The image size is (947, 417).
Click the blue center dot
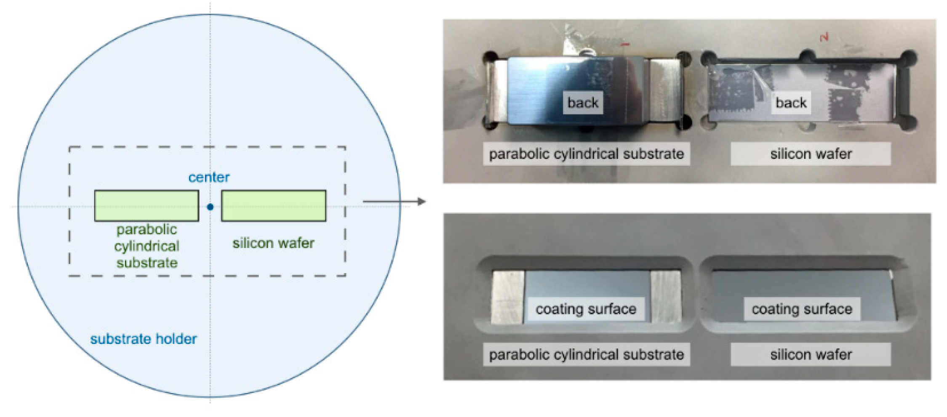(210, 207)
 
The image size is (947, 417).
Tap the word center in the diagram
(209, 177)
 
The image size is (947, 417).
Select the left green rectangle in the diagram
(147, 205)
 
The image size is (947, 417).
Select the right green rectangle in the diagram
(274, 205)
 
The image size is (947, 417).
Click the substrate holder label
(143, 339)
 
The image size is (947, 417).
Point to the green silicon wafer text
(273, 243)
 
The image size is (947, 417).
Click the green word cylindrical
(147, 246)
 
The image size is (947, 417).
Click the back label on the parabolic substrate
(583, 103)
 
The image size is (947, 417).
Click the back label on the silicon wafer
(791, 103)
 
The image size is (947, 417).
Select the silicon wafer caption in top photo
(811, 154)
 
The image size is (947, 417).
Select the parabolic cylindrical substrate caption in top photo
(586, 154)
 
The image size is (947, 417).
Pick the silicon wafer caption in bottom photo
(811, 354)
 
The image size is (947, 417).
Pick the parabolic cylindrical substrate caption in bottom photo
(586, 354)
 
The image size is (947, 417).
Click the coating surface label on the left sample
(586, 309)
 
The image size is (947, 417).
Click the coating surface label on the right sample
(802, 309)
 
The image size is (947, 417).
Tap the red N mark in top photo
(824, 37)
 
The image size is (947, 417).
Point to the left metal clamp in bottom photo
(508, 297)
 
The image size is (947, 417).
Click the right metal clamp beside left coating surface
(666, 297)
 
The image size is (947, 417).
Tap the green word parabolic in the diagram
(147, 229)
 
